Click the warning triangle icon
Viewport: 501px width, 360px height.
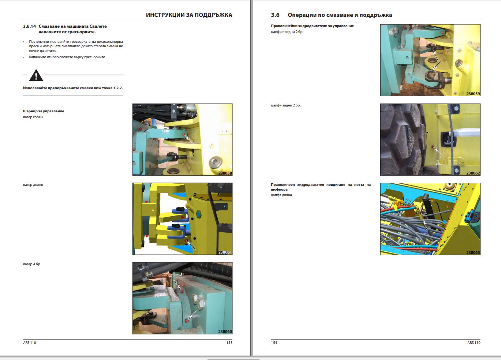tap(36, 75)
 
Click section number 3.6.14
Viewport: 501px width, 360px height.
tap(29, 26)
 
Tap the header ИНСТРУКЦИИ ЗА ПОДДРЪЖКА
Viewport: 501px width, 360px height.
tap(189, 15)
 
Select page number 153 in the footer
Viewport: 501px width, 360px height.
tap(229, 343)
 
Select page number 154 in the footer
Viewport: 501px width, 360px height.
tap(274, 343)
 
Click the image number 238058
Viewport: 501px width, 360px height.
tap(225, 173)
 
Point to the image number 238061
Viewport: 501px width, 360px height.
tap(225, 252)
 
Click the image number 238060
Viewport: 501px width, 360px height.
tap(225, 331)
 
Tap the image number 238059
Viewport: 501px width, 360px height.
tap(473, 94)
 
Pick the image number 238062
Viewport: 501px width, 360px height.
tap(473, 173)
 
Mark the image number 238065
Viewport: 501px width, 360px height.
tap(473, 252)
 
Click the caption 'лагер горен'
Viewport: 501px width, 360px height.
tap(33, 117)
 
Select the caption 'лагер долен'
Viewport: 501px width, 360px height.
tap(33, 185)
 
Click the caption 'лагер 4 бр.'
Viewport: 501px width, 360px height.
tap(32, 264)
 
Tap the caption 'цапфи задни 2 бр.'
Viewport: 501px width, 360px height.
tap(285, 105)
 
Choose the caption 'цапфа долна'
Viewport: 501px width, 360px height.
tap(281, 195)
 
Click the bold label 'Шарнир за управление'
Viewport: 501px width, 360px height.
tap(44, 111)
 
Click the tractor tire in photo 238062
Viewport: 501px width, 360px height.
tap(401, 139)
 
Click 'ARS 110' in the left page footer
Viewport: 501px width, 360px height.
tap(30, 343)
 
